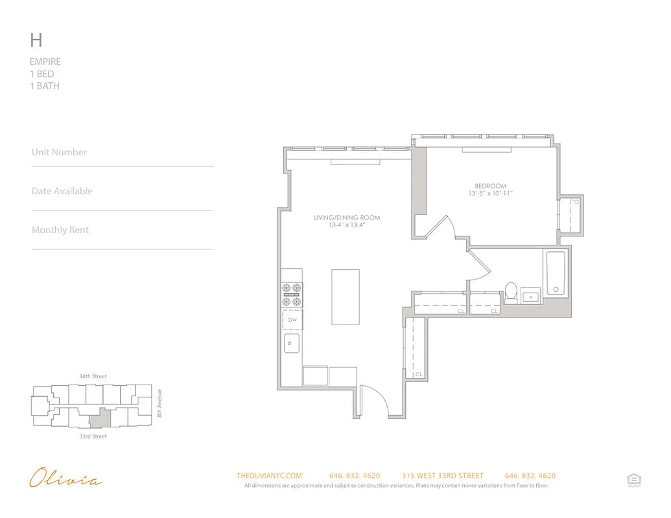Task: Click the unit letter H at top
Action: coord(36,40)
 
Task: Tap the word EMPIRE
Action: coord(45,62)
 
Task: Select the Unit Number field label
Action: coord(59,152)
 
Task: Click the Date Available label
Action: coord(62,191)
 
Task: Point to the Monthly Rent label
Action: coord(60,230)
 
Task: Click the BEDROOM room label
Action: coord(490,186)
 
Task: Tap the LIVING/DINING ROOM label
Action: coord(347,218)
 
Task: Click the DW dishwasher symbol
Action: coord(292,320)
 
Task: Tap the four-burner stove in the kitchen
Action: coord(292,295)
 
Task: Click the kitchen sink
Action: coord(292,343)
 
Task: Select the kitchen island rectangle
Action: coord(346,297)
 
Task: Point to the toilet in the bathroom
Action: coord(511,292)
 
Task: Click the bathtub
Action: coord(556,274)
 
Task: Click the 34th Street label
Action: coord(93,376)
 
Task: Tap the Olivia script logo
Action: coord(65,480)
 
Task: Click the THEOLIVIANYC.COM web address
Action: coord(269,476)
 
